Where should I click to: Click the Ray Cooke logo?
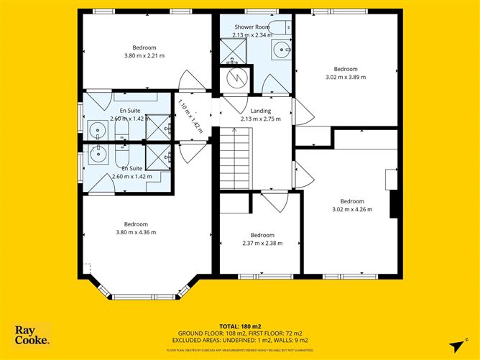(32, 335)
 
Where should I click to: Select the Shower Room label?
(251, 27)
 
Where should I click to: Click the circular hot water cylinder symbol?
(236, 78)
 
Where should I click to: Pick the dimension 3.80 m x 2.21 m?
(144, 55)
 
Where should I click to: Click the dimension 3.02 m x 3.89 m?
(346, 77)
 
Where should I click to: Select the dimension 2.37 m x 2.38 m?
(262, 243)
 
